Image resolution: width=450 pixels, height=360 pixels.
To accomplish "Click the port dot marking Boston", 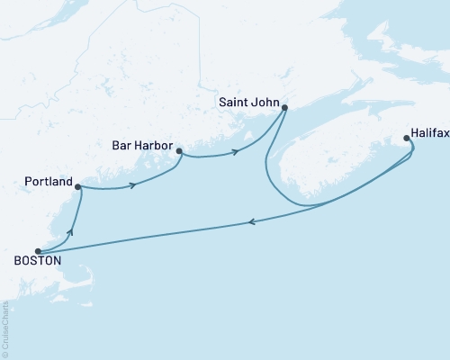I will (x=37, y=251).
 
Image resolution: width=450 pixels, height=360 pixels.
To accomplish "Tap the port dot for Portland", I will (x=78, y=187).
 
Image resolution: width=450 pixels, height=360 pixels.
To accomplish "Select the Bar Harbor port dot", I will (x=179, y=151).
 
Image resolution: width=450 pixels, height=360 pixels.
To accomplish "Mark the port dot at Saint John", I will (x=284, y=108).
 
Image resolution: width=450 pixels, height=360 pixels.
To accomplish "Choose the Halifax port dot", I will (x=407, y=139).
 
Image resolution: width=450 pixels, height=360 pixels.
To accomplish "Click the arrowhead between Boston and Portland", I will (x=69, y=232).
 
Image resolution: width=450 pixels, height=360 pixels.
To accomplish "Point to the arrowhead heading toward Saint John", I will (x=237, y=152).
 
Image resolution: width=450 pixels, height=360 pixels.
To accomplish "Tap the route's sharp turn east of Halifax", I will (x=414, y=153).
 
